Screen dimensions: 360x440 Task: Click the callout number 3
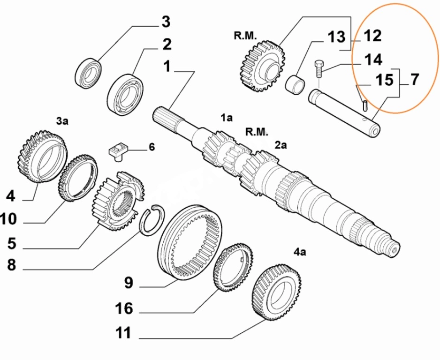point(166,22)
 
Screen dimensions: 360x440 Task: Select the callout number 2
point(167,45)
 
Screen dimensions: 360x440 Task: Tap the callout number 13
point(336,37)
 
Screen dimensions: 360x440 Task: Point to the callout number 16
point(124,308)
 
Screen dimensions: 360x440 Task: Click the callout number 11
point(124,333)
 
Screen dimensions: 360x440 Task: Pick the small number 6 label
point(152,147)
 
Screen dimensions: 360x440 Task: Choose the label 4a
point(300,252)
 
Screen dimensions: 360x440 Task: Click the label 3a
point(62,121)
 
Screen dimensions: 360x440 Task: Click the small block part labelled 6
point(116,151)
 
